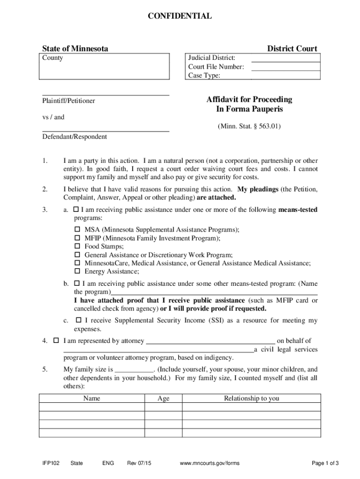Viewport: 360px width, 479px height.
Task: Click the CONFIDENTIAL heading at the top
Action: pos(180,16)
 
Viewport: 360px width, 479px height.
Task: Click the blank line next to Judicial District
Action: pos(286,58)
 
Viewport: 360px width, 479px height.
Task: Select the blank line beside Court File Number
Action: pos(286,67)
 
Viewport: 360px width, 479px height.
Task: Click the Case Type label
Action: pos(204,75)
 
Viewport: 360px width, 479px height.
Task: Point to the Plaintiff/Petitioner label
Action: pos(69,101)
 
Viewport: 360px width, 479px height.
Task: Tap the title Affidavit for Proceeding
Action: pos(249,99)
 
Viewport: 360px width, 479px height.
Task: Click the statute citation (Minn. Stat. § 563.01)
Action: pos(249,126)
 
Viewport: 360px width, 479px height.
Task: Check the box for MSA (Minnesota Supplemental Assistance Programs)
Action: pos(78,230)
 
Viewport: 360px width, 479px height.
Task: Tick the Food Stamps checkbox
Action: pos(78,247)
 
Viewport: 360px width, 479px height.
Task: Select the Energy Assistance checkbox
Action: pos(78,271)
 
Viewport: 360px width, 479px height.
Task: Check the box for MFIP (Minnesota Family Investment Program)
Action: pos(78,238)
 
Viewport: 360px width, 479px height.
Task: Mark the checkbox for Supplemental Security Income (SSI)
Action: pos(79,320)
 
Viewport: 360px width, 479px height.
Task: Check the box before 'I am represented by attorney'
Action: pos(56,341)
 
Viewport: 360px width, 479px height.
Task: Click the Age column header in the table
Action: pos(163,399)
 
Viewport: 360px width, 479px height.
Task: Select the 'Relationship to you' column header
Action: pos(251,399)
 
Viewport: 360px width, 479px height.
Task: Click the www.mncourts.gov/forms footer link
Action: pos(209,463)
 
